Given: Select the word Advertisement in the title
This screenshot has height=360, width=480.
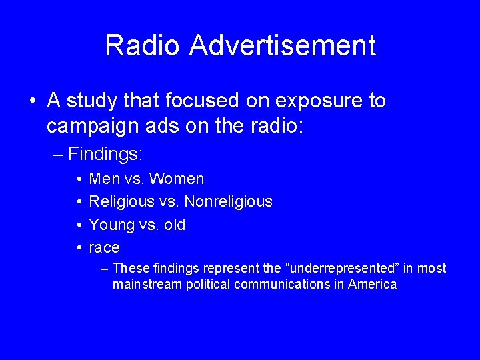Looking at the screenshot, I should pyautogui.click(x=283, y=45).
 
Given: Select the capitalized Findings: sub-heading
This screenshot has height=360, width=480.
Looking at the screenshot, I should pyautogui.click(x=105, y=154).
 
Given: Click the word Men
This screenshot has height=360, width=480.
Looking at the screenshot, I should pyautogui.click(x=104, y=179).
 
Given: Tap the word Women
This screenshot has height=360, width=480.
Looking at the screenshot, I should pyautogui.click(x=177, y=179).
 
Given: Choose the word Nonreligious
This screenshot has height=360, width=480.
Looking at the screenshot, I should pyautogui.click(x=229, y=201).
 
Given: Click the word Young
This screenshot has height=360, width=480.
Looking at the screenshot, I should pyautogui.click(x=108, y=225).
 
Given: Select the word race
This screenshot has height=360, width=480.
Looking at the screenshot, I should pyautogui.click(x=104, y=248).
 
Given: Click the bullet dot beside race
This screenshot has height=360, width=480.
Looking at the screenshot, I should pyautogui.click(x=79, y=248).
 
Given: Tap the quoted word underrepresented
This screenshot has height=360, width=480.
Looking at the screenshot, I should pyautogui.click(x=325, y=269).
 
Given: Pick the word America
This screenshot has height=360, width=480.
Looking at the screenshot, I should pyautogui.click(x=373, y=285).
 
